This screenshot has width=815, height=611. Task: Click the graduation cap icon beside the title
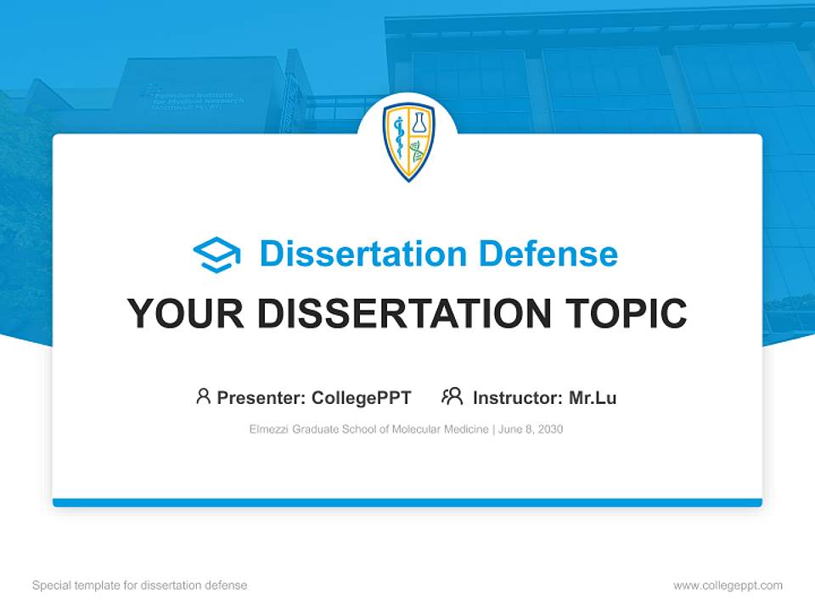pyautogui.click(x=216, y=254)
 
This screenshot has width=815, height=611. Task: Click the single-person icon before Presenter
pyautogui.click(x=203, y=396)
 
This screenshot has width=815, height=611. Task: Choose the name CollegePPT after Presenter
pyautogui.click(x=361, y=398)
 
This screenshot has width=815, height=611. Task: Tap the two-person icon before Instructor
pyautogui.click(x=452, y=396)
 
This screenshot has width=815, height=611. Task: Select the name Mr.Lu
pyautogui.click(x=593, y=398)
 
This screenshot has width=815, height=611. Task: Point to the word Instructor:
pyautogui.click(x=517, y=398)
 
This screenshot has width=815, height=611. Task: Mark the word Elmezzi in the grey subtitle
pyautogui.click(x=267, y=429)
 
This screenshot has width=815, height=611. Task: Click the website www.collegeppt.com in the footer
pyautogui.click(x=728, y=586)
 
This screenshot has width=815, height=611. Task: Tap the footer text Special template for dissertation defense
pyautogui.click(x=140, y=586)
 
